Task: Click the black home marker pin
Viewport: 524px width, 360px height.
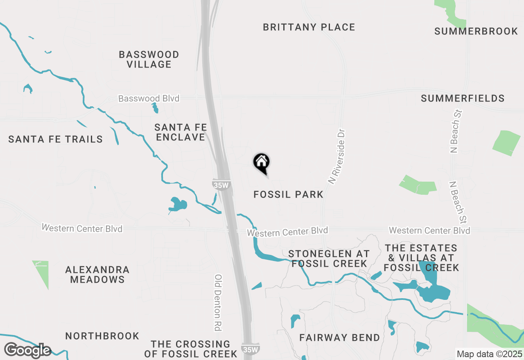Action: point(261,163)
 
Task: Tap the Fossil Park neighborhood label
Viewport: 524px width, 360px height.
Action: point(289,194)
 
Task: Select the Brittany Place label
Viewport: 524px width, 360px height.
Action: point(309,27)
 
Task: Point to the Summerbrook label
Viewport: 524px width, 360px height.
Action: point(476,32)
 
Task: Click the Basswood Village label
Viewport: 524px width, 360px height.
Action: point(149,59)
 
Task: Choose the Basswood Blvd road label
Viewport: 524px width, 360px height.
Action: point(149,99)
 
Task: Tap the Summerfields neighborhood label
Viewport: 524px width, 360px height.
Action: point(463,99)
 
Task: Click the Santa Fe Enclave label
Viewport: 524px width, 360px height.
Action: point(180,133)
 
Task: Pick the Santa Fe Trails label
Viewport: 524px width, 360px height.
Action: point(55,139)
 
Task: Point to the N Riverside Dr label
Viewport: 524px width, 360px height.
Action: point(337,157)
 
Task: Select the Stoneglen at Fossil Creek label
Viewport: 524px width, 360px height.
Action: point(329,259)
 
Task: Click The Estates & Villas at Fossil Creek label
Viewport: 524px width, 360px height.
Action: point(421,258)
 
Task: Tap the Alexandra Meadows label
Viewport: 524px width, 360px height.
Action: point(97,274)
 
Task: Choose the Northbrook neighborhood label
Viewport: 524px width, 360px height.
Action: point(102,336)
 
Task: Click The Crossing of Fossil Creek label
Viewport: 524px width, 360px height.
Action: point(190,349)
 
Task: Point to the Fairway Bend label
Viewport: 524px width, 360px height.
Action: point(340,338)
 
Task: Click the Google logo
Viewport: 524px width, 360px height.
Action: point(27,350)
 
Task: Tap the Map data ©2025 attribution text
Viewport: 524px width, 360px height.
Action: point(489,354)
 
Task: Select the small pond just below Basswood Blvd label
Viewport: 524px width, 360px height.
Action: point(155,108)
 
